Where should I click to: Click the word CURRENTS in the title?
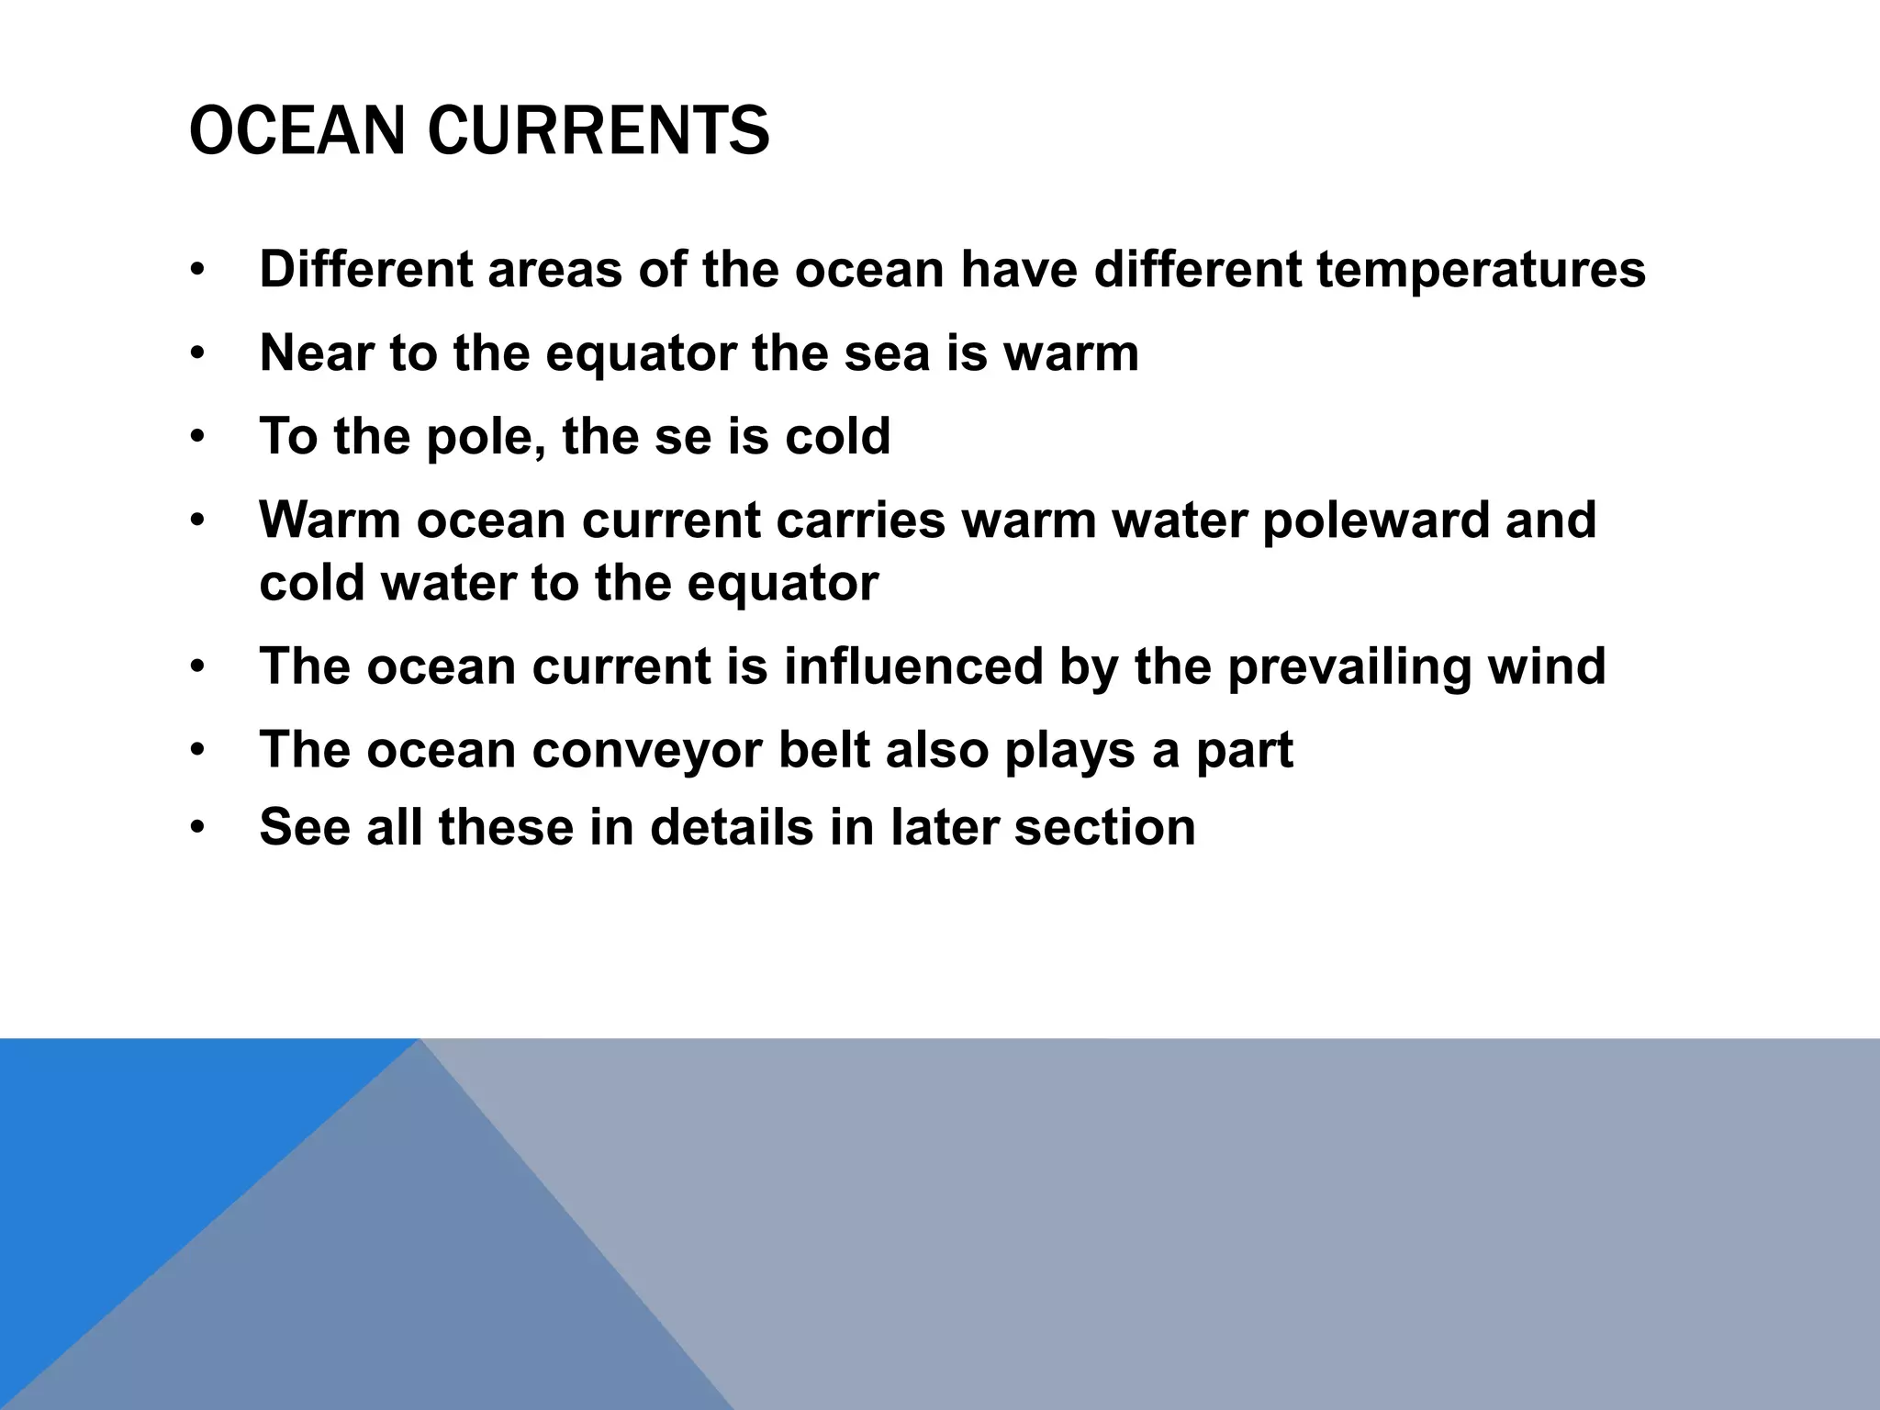point(599,130)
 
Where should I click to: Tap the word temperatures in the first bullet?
point(1481,270)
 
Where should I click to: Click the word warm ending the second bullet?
point(1071,353)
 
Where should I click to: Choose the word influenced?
point(913,666)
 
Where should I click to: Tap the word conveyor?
point(647,751)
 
